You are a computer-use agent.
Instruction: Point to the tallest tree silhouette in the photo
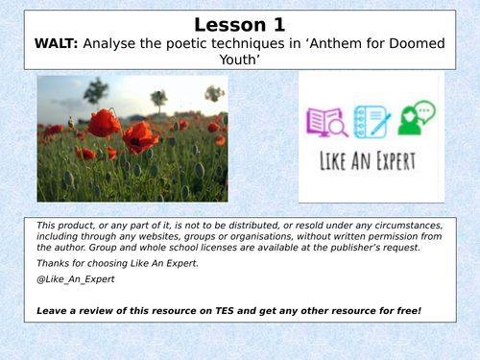(96, 92)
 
